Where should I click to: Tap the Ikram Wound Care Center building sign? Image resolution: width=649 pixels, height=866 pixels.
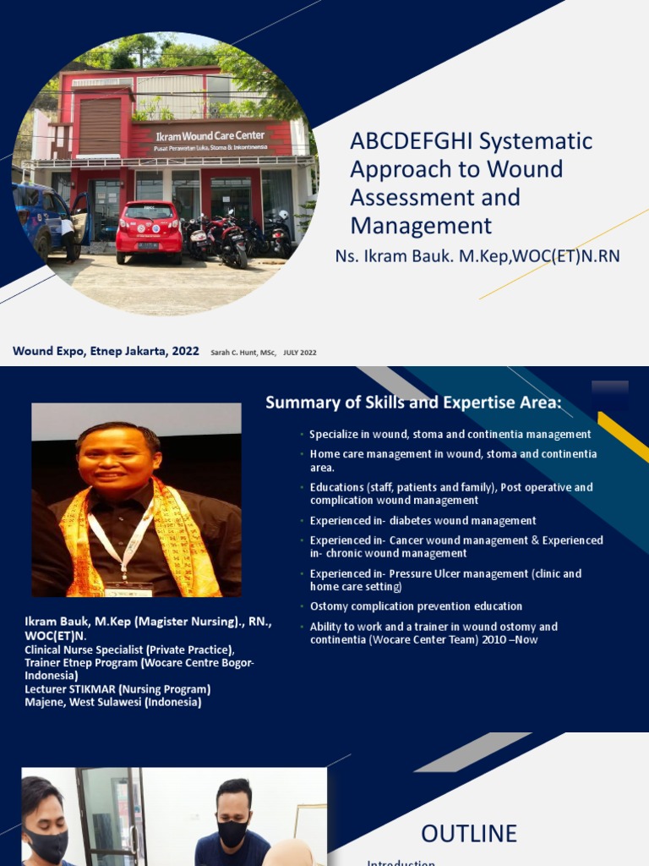pos(210,137)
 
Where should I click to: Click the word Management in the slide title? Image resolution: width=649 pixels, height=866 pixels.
pos(421,226)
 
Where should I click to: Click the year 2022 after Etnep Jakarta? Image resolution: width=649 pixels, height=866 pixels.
pos(185,351)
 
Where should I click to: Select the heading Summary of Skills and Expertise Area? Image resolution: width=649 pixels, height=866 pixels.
pos(413,403)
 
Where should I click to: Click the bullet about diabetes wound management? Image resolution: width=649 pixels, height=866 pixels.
pos(423,521)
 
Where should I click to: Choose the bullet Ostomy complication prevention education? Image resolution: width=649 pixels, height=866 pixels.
pos(416,606)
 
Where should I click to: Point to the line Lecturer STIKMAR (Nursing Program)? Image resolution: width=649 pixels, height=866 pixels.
pos(117,689)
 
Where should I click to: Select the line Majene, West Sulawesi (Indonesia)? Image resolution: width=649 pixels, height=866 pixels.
pos(112,702)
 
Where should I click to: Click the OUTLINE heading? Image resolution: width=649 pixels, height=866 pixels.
pos(469,834)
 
